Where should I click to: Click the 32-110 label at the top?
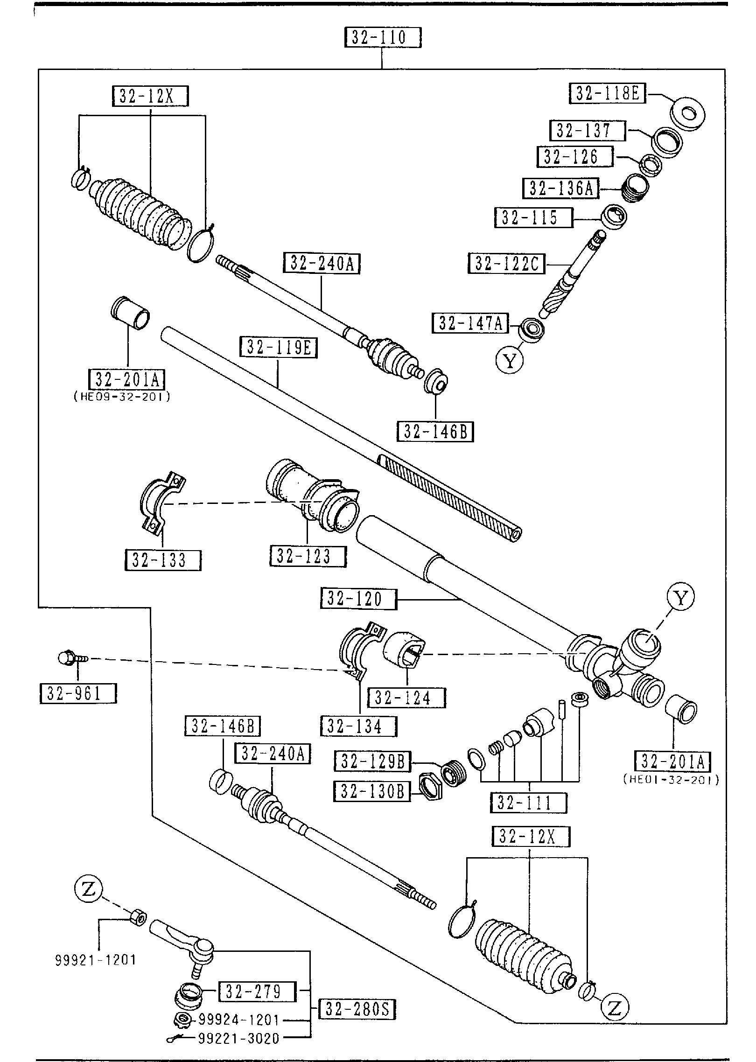(x=383, y=37)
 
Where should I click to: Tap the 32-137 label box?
(x=588, y=131)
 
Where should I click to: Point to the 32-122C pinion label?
(x=506, y=264)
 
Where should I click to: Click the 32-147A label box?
(x=470, y=323)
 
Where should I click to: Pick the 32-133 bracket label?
(x=162, y=560)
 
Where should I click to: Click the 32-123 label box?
(x=308, y=556)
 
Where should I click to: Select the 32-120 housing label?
(x=358, y=599)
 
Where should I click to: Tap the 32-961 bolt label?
(x=78, y=693)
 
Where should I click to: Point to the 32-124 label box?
(x=406, y=698)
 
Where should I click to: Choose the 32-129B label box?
(x=372, y=762)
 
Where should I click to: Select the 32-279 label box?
(x=257, y=992)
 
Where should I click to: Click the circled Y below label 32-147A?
(x=510, y=360)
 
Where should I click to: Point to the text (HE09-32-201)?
(x=122, y=397)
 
